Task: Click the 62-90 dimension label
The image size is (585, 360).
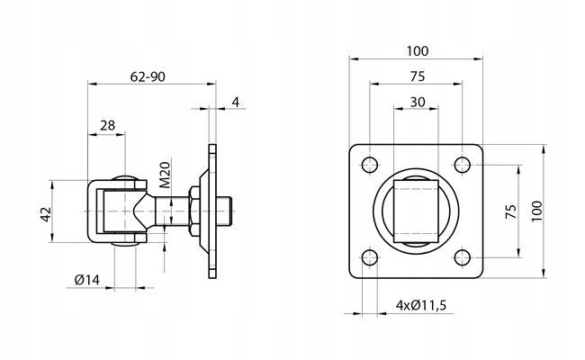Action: (x=148, y=76)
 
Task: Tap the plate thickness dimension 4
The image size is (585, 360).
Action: (x=236, y=102)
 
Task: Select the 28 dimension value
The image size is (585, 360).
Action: (x=107, y=125)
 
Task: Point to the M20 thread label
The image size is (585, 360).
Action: (x=166, y=175)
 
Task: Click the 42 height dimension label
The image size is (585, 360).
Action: (x=46, y=214)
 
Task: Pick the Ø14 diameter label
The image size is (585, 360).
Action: (x=87, y=279)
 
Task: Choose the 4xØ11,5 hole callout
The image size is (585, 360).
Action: (x=421, y=305)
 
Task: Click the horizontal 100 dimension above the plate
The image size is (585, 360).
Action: (x=418, y=50)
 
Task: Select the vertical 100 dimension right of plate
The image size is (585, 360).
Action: (x=536, y=211)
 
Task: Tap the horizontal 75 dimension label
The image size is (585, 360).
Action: (x=417, y=76)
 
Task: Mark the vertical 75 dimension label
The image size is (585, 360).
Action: (x=511, y=211)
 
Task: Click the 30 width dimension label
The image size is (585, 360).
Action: (x=417, y=102)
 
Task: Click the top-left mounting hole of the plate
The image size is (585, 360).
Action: (x=370, y=165)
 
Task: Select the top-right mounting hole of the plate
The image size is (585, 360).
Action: (x=463, y=165)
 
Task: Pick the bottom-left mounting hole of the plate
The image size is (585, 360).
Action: (x=370, y=257)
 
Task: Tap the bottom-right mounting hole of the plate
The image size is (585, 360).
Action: (x=463, y=257)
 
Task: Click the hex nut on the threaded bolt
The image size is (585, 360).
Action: (x=194, y=211)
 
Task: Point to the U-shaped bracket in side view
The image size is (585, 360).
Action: (x=92, y=211)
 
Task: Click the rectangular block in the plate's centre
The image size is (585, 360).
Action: (x=416, y=211)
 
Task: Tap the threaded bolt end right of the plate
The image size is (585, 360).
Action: (x=225, y=211)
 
